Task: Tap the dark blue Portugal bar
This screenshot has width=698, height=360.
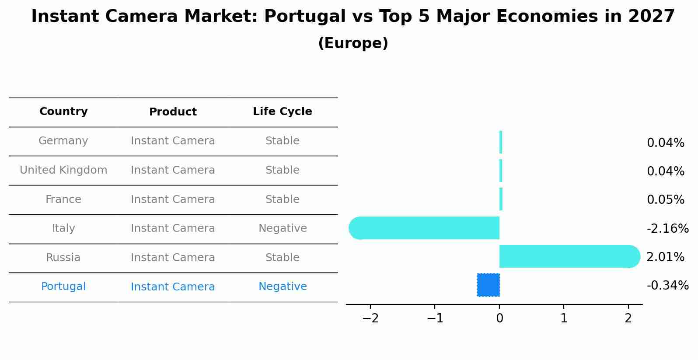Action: (489, 285)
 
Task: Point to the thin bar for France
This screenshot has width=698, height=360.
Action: (501, 199)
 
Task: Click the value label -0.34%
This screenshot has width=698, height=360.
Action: (667, 286)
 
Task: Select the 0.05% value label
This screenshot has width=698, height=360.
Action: (665, 200)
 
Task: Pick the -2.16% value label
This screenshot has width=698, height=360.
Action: (667, 228)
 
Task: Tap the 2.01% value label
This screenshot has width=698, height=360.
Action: (665, 257)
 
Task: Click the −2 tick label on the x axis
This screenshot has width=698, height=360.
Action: (370, 318)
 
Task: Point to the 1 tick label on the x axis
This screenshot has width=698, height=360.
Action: (564, 318)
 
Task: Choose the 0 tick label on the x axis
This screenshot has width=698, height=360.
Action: (499, 318)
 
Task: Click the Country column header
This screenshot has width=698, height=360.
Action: (63, 112)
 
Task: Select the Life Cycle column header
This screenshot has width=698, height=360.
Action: (282, 112)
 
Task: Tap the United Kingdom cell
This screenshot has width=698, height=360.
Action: (63, 170)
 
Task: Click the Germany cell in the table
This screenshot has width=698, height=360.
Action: (63, 141)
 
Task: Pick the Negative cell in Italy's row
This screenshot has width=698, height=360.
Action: (283, 228)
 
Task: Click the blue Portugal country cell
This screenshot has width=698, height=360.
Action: (63, 287)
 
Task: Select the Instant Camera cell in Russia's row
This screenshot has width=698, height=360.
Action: (173, 258)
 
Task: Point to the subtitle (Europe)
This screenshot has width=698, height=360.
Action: (353, 43)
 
